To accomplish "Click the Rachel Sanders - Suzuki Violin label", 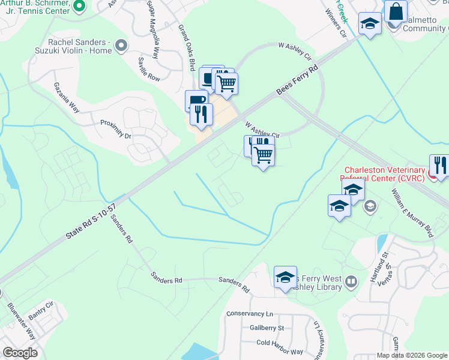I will point(80,46).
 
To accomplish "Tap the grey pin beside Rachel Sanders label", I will point(122,46).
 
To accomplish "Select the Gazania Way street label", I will point(66,97).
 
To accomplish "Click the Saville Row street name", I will point(149,69).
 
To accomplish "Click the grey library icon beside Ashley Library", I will point(352,281).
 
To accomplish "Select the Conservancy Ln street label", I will point(250,314).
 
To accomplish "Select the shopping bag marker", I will point(396,11).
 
